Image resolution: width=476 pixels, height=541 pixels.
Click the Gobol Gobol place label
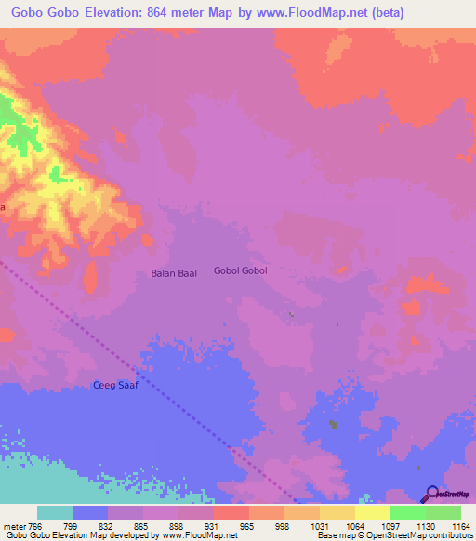240,271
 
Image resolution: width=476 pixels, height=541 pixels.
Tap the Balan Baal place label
174,274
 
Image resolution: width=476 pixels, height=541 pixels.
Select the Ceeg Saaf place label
114,385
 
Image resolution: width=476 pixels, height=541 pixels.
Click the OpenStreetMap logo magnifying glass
431,493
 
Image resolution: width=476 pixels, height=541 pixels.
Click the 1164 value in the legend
461,526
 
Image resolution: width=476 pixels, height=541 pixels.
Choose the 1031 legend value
319,526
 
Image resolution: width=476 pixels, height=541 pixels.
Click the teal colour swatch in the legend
55,512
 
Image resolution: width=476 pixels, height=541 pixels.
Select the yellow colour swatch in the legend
373,512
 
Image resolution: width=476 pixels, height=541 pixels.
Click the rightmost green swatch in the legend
443,512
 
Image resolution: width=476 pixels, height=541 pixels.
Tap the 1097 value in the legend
390,526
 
